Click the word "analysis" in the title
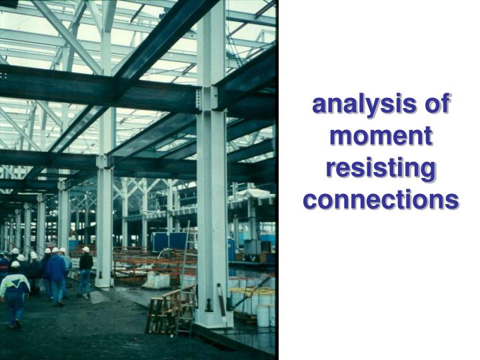click(x=364, y=105)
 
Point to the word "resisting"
click(x=381, y=169)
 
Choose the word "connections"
click(x=381, y=200)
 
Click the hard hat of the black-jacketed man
click(x=86, y=249)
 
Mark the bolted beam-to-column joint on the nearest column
click(x=207, y=98)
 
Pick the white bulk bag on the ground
click(x=156, y=281)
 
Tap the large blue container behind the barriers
click(x=169, y=242)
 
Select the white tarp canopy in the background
click(x=254, y=193)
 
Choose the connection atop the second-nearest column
click(x=105, y=161)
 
